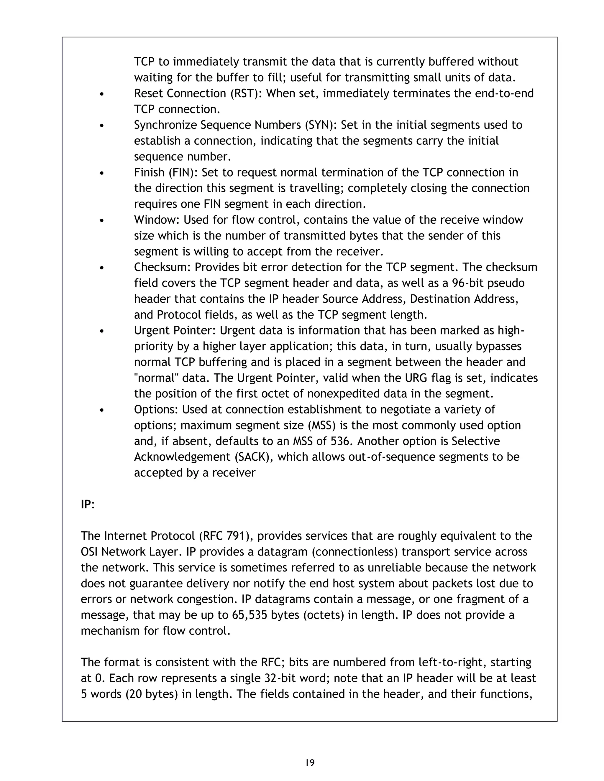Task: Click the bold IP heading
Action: [86, 505]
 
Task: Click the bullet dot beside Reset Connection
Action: [102, 94]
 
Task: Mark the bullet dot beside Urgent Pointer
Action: [102, 332]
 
